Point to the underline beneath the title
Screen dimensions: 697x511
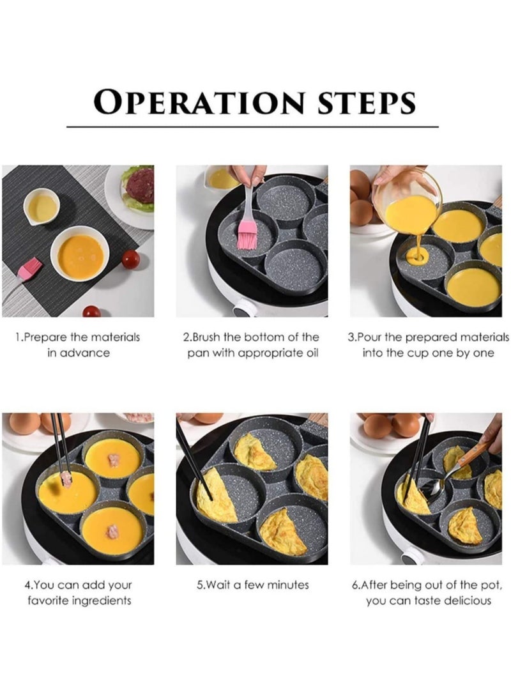click(252, 127)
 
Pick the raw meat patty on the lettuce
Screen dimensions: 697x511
click(139, 185)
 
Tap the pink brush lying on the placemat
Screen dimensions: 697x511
click(29, 268)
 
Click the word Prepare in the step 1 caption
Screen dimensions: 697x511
click(52, 337)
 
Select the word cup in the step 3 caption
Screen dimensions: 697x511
click(420, 353)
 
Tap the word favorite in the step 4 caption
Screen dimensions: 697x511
click(47, 601)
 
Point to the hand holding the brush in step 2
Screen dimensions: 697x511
click(248, 174)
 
